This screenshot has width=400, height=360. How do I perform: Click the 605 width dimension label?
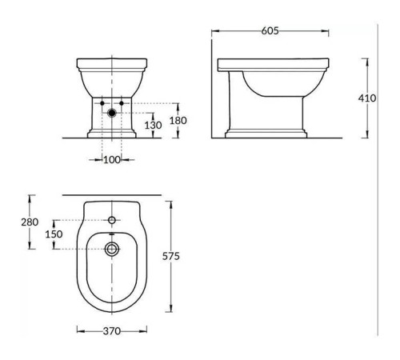pyautogui.click(x=270, y=31)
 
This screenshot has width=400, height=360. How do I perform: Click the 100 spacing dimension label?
pyautogui.click(x=112, y=161)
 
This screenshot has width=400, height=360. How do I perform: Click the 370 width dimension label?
pyautogui.click(x=112, y=331)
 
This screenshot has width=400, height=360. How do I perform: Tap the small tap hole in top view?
pyautogui.click(x=112, y=219)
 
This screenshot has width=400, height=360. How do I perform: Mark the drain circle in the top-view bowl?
pyautogui.click(x=112, y=249)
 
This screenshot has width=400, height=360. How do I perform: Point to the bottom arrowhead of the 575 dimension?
pyautogui.click(x=170, y=310)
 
